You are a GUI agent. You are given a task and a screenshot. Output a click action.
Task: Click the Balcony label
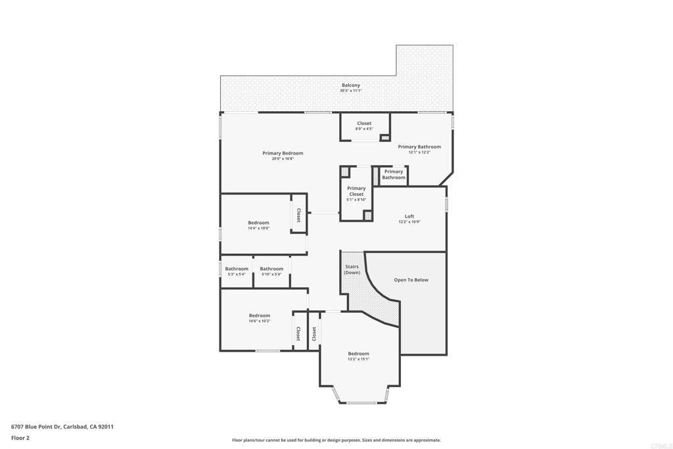click(351, 85)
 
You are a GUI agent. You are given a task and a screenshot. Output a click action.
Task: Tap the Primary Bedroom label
click(283, 153)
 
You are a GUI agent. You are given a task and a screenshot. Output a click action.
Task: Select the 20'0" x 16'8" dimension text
click(283, 159)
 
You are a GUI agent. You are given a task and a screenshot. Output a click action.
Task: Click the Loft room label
click(409, 216)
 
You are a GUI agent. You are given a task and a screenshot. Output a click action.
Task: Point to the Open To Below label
click(411, 280)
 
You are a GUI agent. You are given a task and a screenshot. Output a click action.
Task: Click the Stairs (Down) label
click(352, 270)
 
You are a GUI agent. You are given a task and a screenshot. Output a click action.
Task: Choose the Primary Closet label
click(356, 191)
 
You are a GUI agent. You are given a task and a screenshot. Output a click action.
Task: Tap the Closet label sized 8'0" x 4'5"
click(364, 123)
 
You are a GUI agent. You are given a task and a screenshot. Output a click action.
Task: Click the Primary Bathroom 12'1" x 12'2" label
click(419, 147)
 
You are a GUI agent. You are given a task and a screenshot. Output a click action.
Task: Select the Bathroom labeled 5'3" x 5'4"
click(237, 269)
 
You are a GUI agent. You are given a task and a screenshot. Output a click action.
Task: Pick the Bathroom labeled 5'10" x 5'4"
click(271, 269)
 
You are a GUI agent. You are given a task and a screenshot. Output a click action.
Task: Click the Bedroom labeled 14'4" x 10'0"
click(258, 223)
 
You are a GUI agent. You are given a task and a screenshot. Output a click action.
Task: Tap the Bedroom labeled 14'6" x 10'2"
click(259, 316)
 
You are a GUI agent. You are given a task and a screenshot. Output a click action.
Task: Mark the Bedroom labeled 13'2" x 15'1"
click(358, 354)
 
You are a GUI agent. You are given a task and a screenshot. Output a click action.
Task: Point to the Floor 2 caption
click(20, 438)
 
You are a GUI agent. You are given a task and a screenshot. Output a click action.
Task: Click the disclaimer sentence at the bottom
click(336, 440)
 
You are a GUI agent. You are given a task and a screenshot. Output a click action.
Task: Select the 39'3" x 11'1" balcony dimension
click(351, 91)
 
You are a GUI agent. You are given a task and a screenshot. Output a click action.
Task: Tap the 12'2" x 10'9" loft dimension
click(409, 222)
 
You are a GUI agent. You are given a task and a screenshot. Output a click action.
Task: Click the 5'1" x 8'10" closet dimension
click(356, 200)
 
